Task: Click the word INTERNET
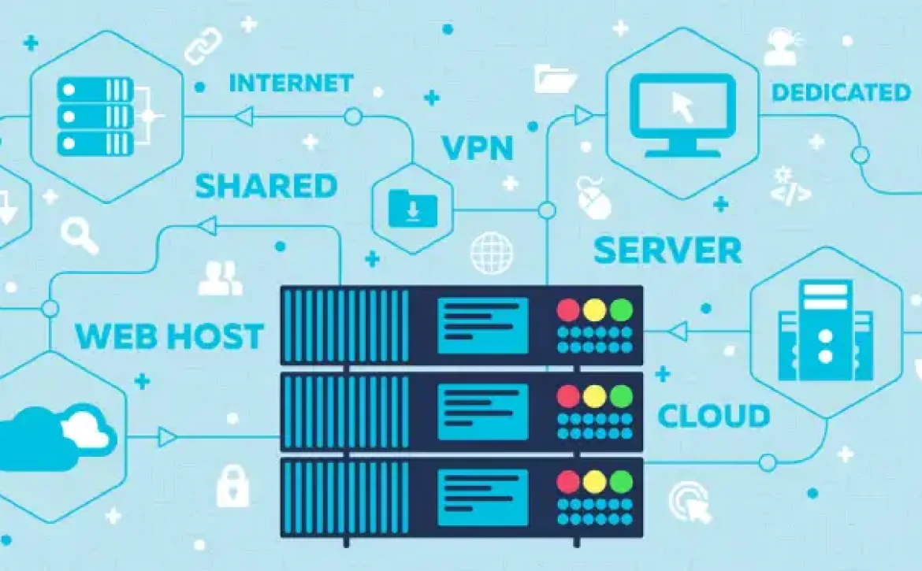291,83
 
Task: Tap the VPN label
478,147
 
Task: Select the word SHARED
266,186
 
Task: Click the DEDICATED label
841,92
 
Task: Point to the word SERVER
667,250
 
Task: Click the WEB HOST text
169,336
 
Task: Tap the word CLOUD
714,416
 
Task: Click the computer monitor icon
682,115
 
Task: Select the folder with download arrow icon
413,208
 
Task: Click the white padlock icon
232,486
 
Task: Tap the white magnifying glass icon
80,235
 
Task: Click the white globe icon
492,253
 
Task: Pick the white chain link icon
203,46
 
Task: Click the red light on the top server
568,310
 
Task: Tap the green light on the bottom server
621,482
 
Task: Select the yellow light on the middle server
594,396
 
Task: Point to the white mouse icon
593,198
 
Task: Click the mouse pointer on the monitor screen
682,107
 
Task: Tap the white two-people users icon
221,278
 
